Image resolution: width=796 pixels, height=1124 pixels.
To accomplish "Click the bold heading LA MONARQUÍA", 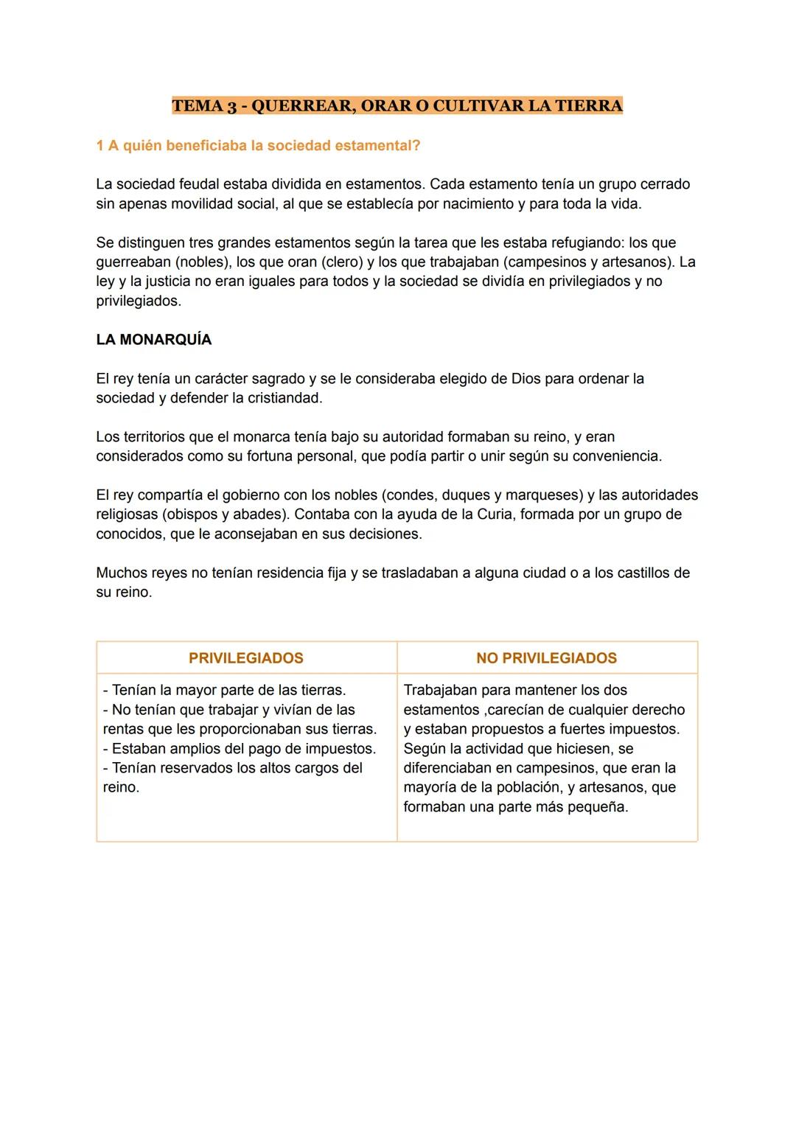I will (x=153, y=340).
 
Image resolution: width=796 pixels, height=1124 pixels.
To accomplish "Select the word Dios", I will (x=526, y=378).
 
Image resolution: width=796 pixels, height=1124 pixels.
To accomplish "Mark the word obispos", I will (x=190, y=514).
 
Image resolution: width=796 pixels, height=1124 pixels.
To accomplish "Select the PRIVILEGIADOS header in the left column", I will (x=246, y=658).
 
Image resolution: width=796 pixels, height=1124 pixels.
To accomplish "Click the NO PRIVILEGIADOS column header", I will (x=546, y=658).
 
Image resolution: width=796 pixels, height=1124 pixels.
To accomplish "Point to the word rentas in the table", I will (x=125, y=729).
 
